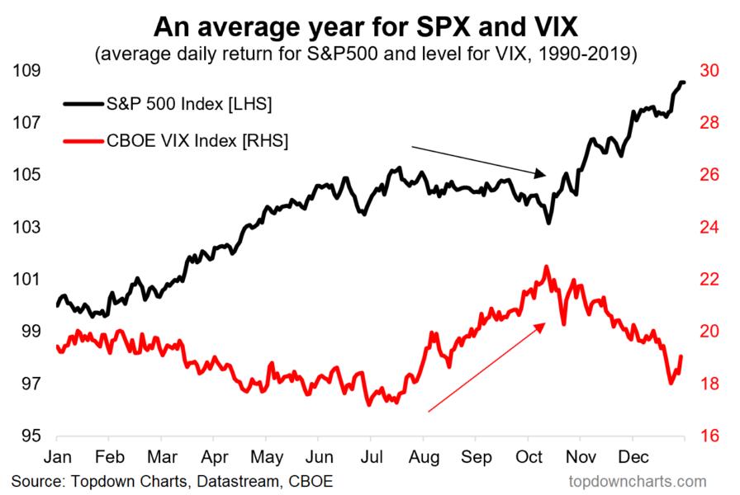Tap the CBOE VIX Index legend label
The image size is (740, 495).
[x=197, y=141]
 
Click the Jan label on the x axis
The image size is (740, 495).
[x=58, y=455]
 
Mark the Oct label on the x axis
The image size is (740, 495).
[x=528, y=455]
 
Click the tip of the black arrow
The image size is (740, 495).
[x=546, y=175]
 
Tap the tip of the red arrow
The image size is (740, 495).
[x=546, y=323]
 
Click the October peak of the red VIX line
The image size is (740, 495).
[x=546, y=266]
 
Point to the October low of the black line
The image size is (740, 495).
[x=548, y=224]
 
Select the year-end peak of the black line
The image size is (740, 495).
[x=682, y=81]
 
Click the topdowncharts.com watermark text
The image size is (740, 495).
[x=638, y=480]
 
